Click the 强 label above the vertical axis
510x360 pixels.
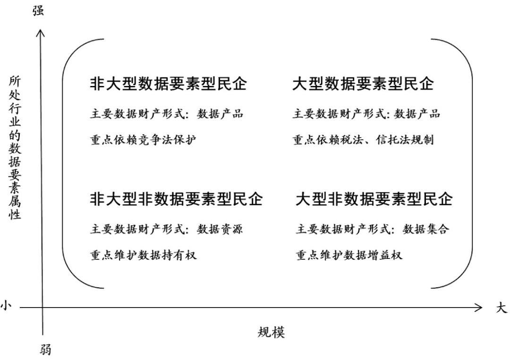[x=38, y=10]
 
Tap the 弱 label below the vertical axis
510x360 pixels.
[x=45, y=350]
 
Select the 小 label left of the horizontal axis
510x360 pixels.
[x=6, y=306]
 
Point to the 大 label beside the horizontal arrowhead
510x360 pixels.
[x=501, y=308]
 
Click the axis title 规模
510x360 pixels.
[x=271, y=332]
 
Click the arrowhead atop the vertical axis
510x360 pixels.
[x=40, y=33]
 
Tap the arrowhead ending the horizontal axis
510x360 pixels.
[x=478, y=307]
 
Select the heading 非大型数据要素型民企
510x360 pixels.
[x=168, y=84]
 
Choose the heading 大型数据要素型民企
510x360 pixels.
[x=363, y=84]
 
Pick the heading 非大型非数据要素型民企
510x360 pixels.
[x=176, y=199]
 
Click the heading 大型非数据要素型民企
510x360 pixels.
[x=374, y=199]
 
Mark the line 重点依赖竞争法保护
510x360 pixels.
[x=143, y=140]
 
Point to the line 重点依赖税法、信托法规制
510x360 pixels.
[x=363, y=140]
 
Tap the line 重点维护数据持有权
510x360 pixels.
[x=143, y=255]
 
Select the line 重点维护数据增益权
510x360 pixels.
[x=348, y=255]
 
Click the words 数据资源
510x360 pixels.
[x=220, y=229]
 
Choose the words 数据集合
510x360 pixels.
[x=426, y=229]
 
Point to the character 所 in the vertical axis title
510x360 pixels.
[x=14, y=81]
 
